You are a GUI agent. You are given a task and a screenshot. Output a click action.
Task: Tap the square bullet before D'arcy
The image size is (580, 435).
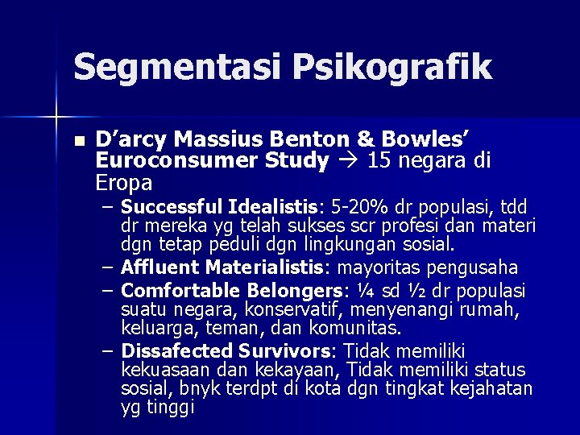pyautogui.click(x=77, y=140)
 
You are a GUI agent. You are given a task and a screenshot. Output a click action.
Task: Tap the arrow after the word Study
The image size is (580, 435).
pyautogui.click(x=349, y=161)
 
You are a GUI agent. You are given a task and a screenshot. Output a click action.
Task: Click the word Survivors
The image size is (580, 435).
pyautogui.click(x=289, y=350)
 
